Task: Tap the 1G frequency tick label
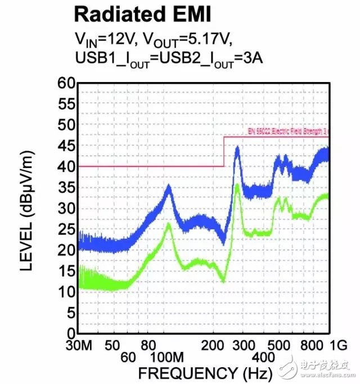click(337, 345)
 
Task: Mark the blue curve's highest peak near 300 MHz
click(237, 148)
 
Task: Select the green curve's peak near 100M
click(168, 225)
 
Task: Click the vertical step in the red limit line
click(224, 151)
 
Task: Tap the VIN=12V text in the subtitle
click(104, 39)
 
